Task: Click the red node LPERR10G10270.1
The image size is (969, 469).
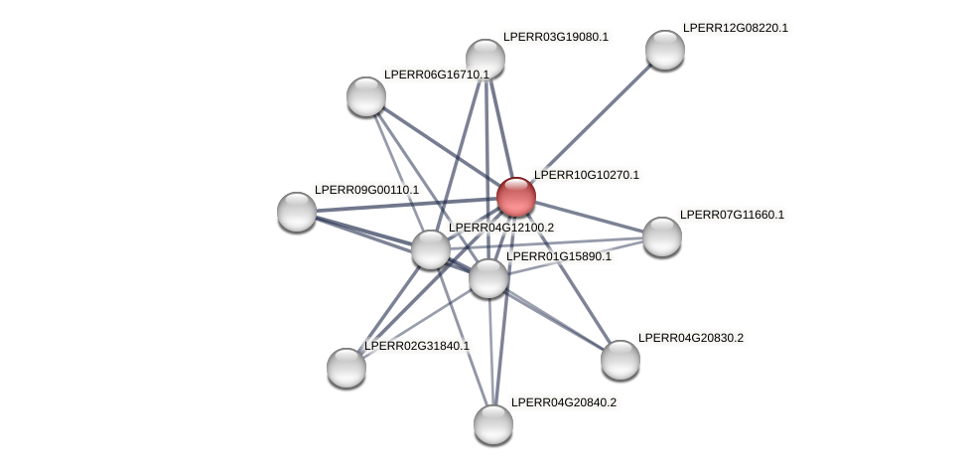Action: coord(515,197)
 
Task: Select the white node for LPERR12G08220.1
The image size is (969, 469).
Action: coord(664,50)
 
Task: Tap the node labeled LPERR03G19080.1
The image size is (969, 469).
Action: coord(485,59)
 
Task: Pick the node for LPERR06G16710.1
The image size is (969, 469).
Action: coord(366,96)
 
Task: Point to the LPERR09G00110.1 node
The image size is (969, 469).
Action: coord(297,212)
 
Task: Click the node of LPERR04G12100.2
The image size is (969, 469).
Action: coord(431,249)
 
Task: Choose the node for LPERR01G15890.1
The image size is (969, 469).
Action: coord(488,278)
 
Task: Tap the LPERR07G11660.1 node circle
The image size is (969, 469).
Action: coord(662,236)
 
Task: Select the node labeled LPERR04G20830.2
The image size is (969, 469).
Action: coord(621,360)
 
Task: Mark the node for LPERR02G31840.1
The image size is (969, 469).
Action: coord(346,368)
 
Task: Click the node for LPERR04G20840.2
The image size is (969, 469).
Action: coord(493,424)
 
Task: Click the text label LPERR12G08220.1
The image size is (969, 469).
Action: coord(735,28)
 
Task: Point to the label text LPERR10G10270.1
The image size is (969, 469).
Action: coord(586,175)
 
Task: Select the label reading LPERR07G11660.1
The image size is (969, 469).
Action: coord(732,215)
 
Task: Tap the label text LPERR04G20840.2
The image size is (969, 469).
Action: coord(563,402)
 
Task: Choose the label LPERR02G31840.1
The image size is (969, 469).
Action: coord(417,346)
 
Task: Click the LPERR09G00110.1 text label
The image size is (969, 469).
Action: coord(366,190)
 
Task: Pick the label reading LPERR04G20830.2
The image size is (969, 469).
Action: coord(690,338)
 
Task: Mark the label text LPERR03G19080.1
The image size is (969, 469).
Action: coord(555,37)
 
